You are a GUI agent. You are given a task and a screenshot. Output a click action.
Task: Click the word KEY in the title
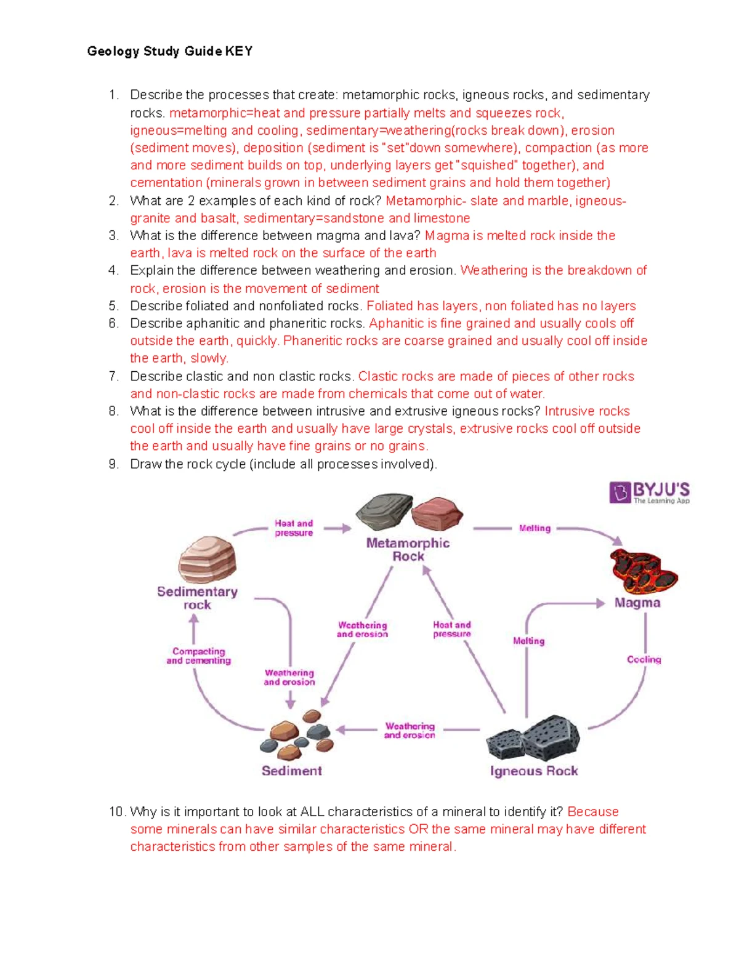[x=238, y=52]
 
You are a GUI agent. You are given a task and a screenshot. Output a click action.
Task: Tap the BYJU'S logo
[x=650, y=492]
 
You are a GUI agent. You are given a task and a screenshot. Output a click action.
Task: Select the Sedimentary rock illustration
[x=207, y=559]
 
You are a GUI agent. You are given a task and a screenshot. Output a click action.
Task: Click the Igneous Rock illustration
[x=533, y=738]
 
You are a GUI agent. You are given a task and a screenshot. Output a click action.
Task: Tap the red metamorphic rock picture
[x=437, y=513]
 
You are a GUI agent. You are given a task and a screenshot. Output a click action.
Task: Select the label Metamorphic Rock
[x=408, y=550]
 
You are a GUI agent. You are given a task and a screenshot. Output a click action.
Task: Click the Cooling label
[x=644, y=659]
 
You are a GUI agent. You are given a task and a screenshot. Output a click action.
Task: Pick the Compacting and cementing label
[x=198, y=656]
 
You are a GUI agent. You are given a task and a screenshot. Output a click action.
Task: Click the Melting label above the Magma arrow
[x=535, y=528]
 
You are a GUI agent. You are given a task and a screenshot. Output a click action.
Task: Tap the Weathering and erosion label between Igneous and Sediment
[x=410, y=731]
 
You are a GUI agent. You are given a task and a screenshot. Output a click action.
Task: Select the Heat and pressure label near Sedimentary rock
[x=294, y=528]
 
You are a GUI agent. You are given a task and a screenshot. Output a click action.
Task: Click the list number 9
[x=113, y=464]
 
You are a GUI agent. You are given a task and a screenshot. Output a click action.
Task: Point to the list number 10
[x=116, y=812]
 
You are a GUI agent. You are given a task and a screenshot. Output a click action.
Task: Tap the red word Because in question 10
[x=593, y=812]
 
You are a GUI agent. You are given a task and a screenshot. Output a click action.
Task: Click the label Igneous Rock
[x=534, y=771]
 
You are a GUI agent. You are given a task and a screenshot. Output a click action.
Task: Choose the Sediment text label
[x=292, y=771]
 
